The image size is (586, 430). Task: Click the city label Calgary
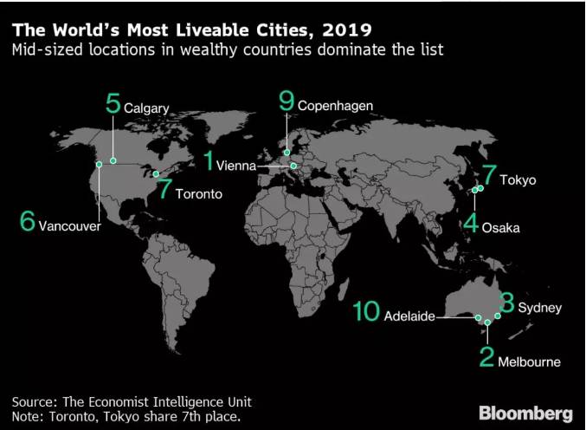click(145, 108)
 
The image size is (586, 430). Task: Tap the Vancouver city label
click(70, 226)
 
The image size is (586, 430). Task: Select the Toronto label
click(199, 194)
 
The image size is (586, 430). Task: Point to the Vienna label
click(236, 166)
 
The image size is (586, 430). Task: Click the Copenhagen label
click(335, 106)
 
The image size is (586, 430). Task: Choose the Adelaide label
click(409, 316)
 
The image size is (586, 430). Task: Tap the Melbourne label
click(529, 362)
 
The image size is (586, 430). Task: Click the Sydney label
click(540, 308)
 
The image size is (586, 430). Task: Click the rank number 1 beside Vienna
click(209, 161)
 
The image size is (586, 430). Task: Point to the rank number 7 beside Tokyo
click(489, 177)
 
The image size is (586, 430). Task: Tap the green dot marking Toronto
click(156, 174)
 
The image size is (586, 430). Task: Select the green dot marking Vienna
click(293, 166)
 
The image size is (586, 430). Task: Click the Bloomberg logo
click(525, 409)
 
